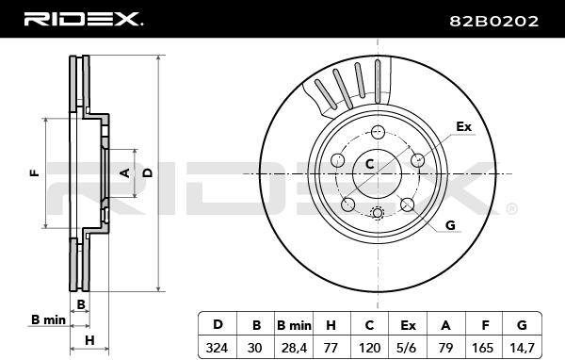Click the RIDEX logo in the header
[x=83, y=19]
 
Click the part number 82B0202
[x=493, y=21]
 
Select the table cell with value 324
[x=217, y=348]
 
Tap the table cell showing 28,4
[x=294, y=348]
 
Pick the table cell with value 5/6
[x=408, y=348]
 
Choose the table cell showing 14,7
[x=522, y=348]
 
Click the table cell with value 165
[x=484, y=348]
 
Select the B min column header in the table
[x=294, y=325]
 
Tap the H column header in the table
[x=331, y=325]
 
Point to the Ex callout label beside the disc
[x=463, y=126]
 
